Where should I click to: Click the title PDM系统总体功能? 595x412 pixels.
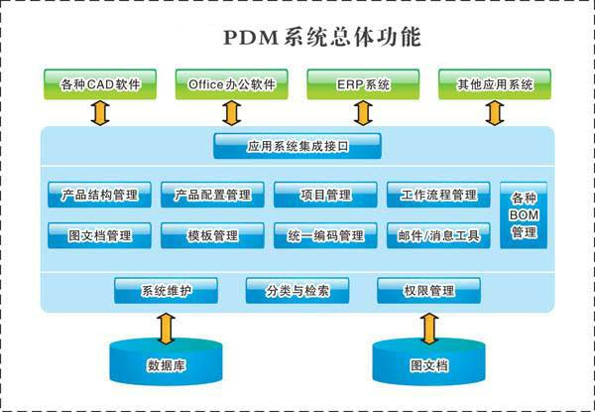click(x=321, y=37)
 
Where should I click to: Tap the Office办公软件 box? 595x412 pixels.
click(x=231, y=84)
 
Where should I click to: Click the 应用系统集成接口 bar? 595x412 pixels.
click(x=297, y=148)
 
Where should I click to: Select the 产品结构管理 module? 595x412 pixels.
click(x=99, y=195)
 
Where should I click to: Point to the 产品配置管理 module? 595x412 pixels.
click(x=212, y=195)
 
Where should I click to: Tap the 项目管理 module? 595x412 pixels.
click(x=325, y=195)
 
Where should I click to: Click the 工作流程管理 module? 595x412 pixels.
click(x=438, y=195)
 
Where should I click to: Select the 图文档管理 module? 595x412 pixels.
click(x=99, y=236)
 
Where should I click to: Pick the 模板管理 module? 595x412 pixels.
click(x=212, y=236)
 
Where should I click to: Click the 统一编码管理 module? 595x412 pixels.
click(x=325, y=236)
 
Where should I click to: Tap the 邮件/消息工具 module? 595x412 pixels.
click(x=438, y=236)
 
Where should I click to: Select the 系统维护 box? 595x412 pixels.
click(x=166, y=291)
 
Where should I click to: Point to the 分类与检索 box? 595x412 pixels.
click(x=297, y=291)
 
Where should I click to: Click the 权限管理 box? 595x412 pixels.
click(x=428, y=291)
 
